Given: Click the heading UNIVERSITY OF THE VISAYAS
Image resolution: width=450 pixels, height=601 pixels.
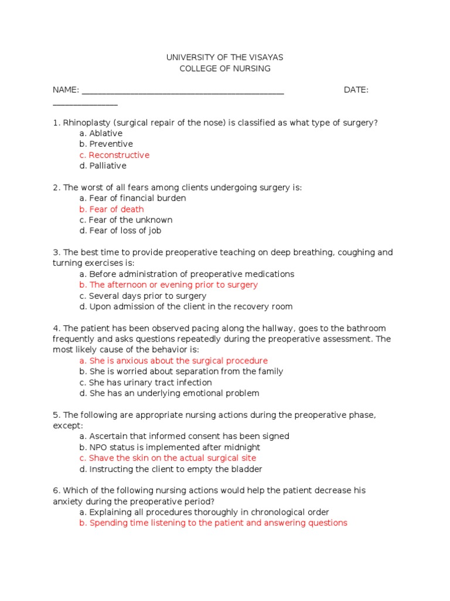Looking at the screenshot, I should (225, 58).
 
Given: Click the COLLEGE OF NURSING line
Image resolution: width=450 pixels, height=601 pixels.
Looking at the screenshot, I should (225, 69).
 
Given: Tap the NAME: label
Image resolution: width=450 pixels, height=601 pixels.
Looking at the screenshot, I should (66, 90).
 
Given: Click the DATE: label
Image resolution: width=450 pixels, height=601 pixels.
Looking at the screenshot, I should (356, 90).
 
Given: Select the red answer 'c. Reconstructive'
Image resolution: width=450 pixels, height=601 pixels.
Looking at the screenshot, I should (114, 155).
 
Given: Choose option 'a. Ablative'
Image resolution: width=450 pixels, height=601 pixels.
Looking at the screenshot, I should (101, 133).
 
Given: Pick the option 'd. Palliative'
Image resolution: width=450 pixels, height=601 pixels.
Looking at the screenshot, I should (103, 166).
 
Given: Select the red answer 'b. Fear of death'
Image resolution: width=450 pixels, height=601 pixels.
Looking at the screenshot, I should (111, 209).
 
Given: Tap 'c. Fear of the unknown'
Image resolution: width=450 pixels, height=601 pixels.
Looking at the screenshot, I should (125, 220).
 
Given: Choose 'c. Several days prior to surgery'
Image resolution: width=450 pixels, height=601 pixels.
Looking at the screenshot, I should (143, 296).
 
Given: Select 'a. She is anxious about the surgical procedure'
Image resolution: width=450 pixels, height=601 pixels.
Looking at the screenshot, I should (173, 361).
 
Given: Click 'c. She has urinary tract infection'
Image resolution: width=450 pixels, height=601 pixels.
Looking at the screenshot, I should (145, 383).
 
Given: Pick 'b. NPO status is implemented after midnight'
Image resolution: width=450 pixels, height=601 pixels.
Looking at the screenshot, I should (170, 447).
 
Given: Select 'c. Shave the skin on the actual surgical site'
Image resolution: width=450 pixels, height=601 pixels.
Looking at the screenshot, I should (168, 458).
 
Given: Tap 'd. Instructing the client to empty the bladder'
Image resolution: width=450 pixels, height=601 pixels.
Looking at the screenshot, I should (171, 469).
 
